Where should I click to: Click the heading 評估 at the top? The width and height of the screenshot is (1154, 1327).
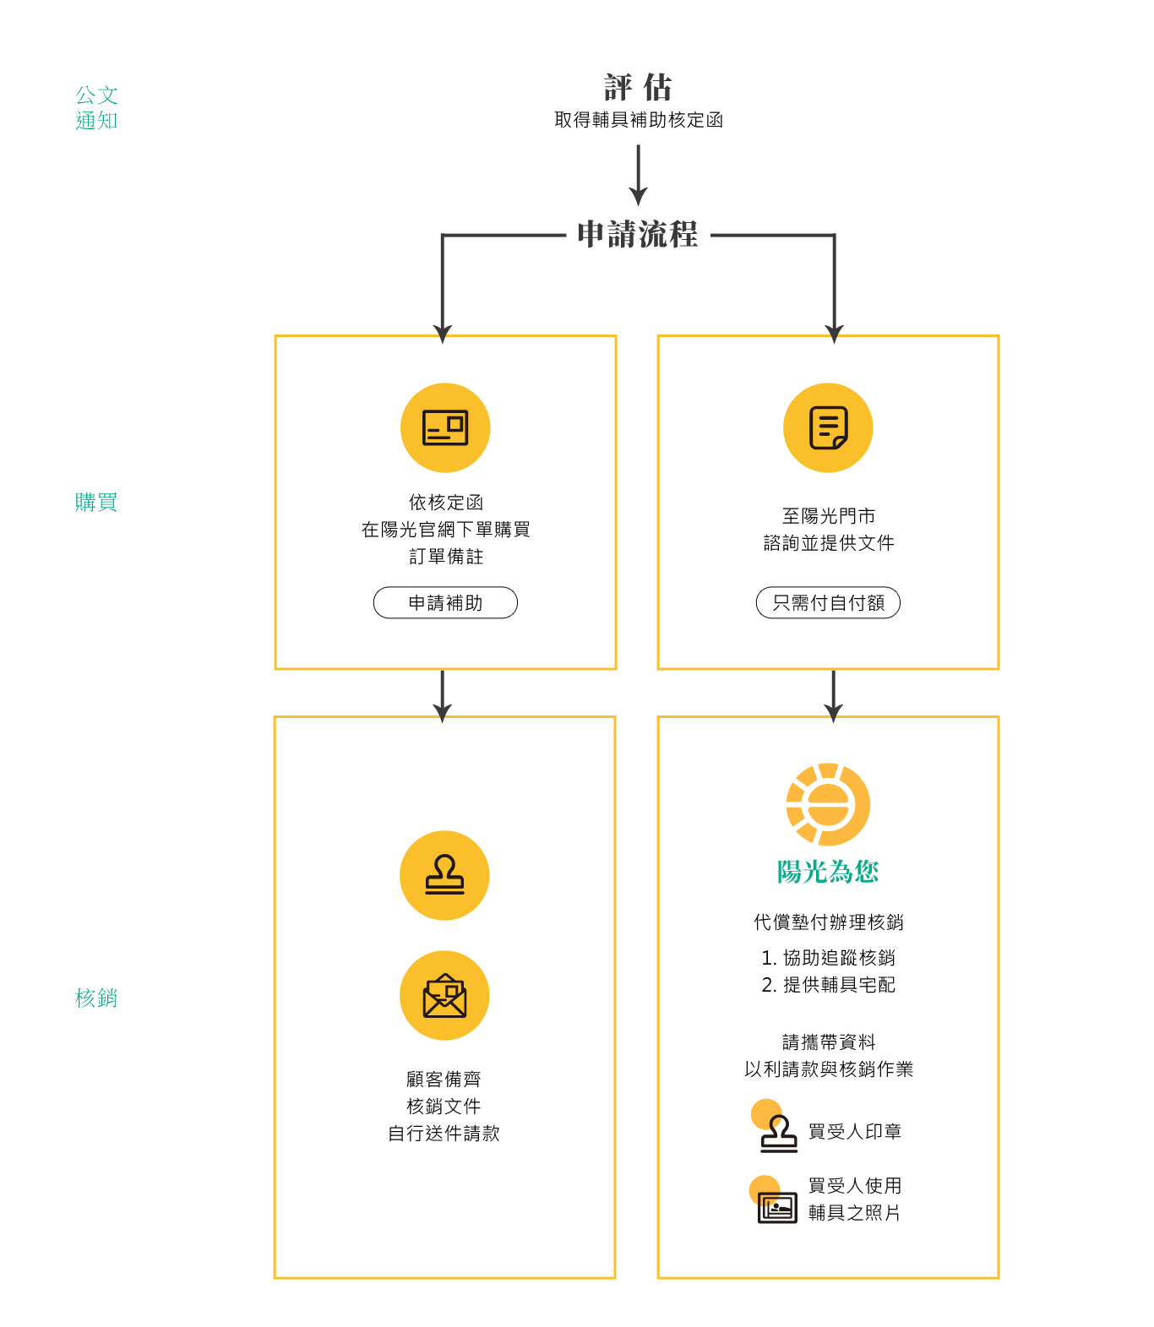pyautogui.click(x=638, y=87)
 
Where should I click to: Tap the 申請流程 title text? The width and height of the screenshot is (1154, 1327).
pyautogui.click(x=638, y=235)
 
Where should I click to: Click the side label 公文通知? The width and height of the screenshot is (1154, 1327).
pyautogui.click(x=96, y=107)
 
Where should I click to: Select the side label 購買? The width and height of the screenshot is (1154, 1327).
pyautogui.click(x=95, y=503)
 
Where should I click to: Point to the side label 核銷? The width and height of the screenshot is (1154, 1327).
pyautogui.click(x=95, y=998)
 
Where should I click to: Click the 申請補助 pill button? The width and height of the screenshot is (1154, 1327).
pyautogui.click(x=445, y=603)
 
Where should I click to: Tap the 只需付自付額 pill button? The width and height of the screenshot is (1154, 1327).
pyautogui.click(x=828, y=603)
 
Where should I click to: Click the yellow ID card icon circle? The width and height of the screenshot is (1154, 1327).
pyautogui.click(x=445, y=428)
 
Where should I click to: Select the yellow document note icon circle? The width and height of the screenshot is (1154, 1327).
pyautogui.click(x=828, y=428)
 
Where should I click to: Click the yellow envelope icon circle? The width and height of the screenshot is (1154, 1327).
pyautogui.click(x=444, y=996)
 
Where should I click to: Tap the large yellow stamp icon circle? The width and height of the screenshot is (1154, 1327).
pyautogui.click(x=444, y=876)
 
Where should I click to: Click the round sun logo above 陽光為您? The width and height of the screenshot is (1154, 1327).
pyautogui.click(x=828, y=805)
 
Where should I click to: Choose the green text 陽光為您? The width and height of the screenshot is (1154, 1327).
pyautogui.click(x=828, y=872)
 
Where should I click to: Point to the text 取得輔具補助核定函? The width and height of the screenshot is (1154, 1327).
pyautogui.click(x=639, y=120)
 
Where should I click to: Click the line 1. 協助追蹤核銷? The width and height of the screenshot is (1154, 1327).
pyautogui.click(x=828, y=958)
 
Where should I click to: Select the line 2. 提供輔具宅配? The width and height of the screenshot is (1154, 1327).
pyautogui.click(x=828, y=985)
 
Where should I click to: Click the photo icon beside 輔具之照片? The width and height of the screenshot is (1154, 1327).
pyautogui.click(x=776, y=1205)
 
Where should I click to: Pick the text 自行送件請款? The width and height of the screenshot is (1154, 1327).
pyautogui.click(x=444, y=1134)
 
